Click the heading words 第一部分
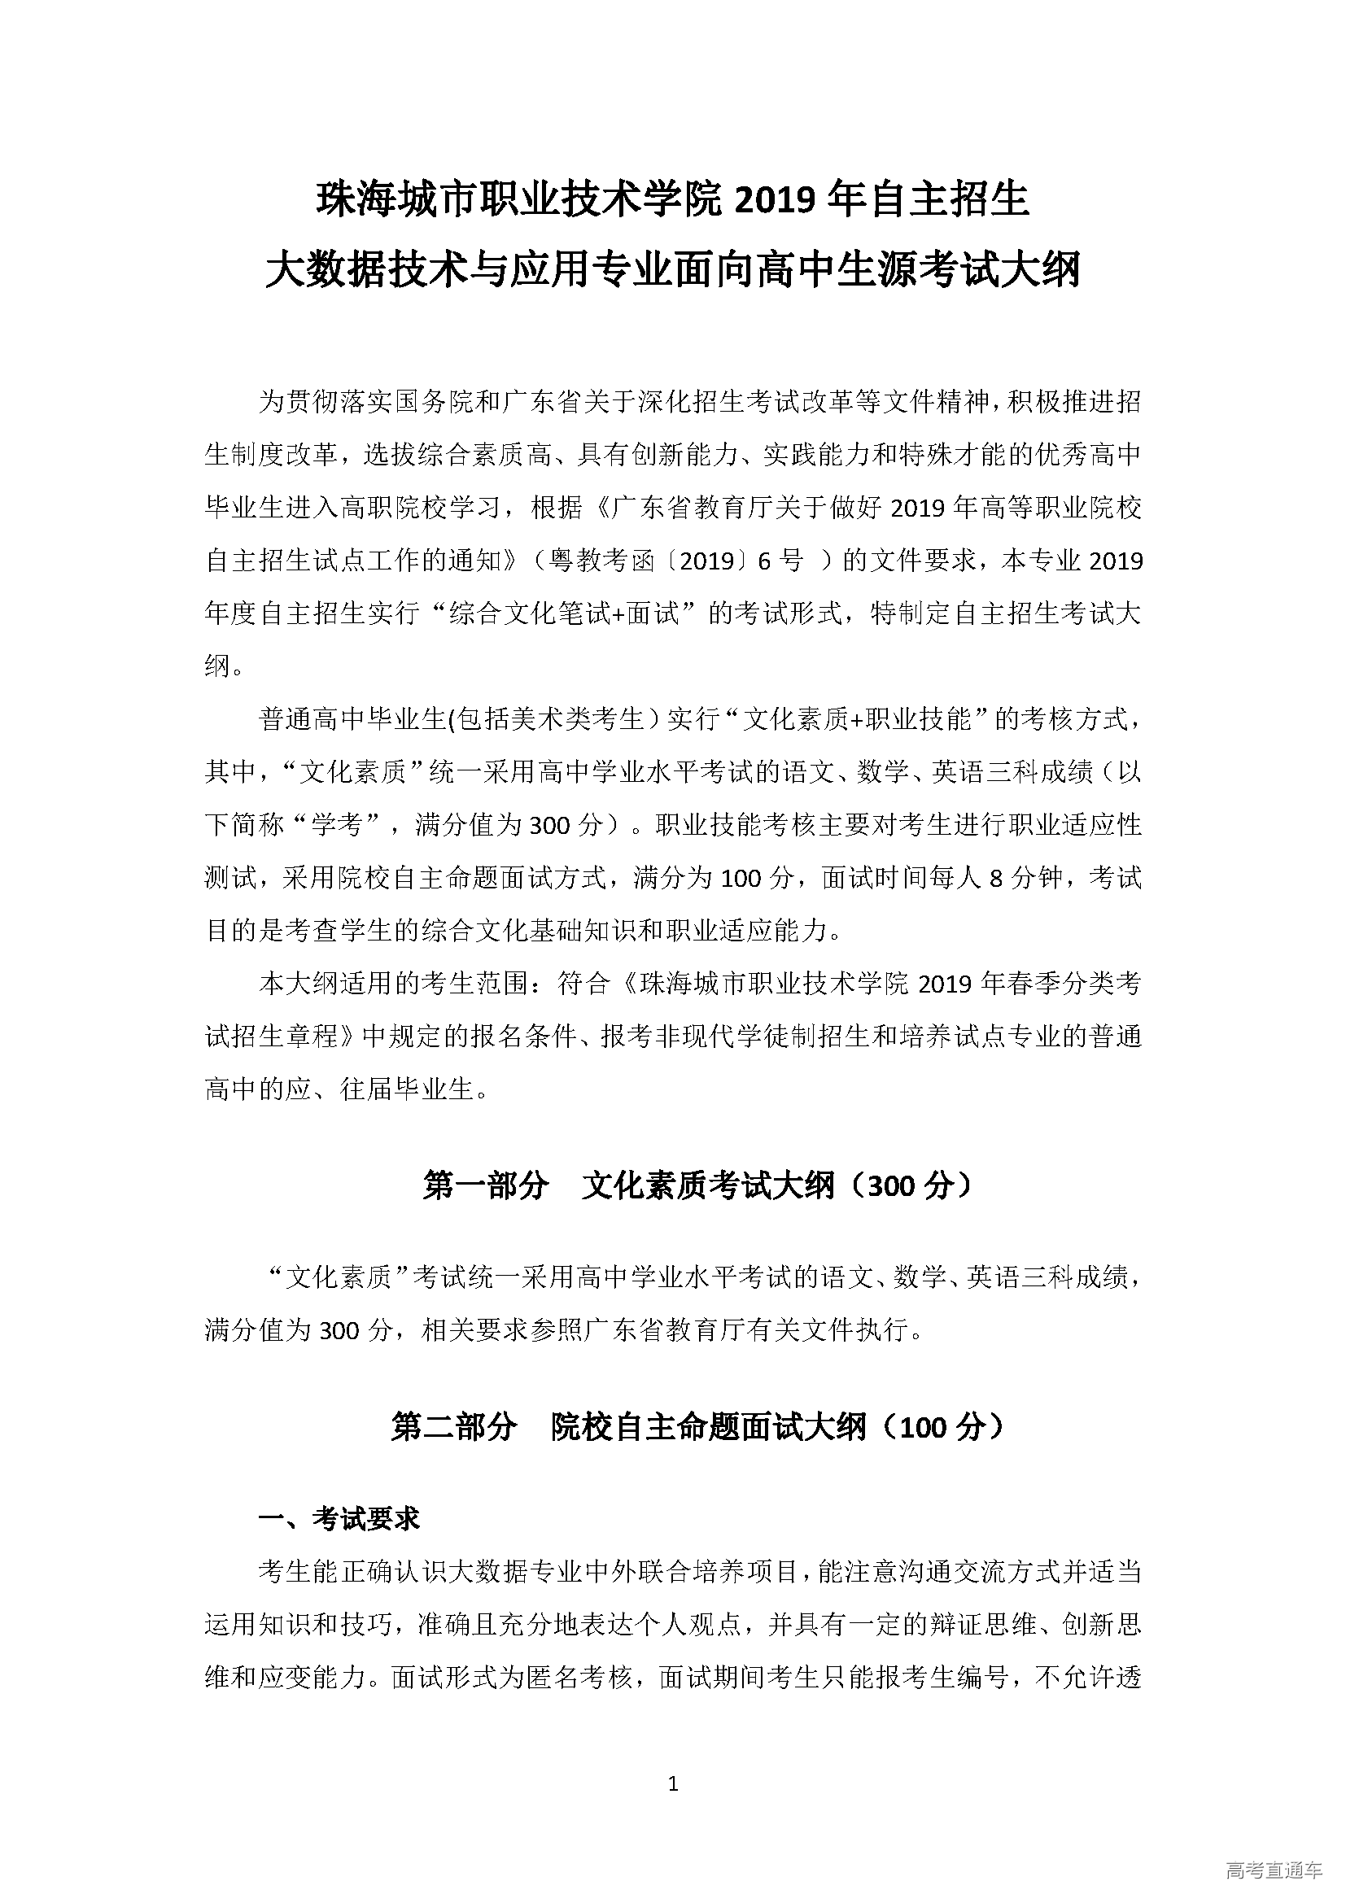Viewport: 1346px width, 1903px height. (486, 1186)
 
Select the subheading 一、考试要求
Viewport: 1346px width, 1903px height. (339, 1518)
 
